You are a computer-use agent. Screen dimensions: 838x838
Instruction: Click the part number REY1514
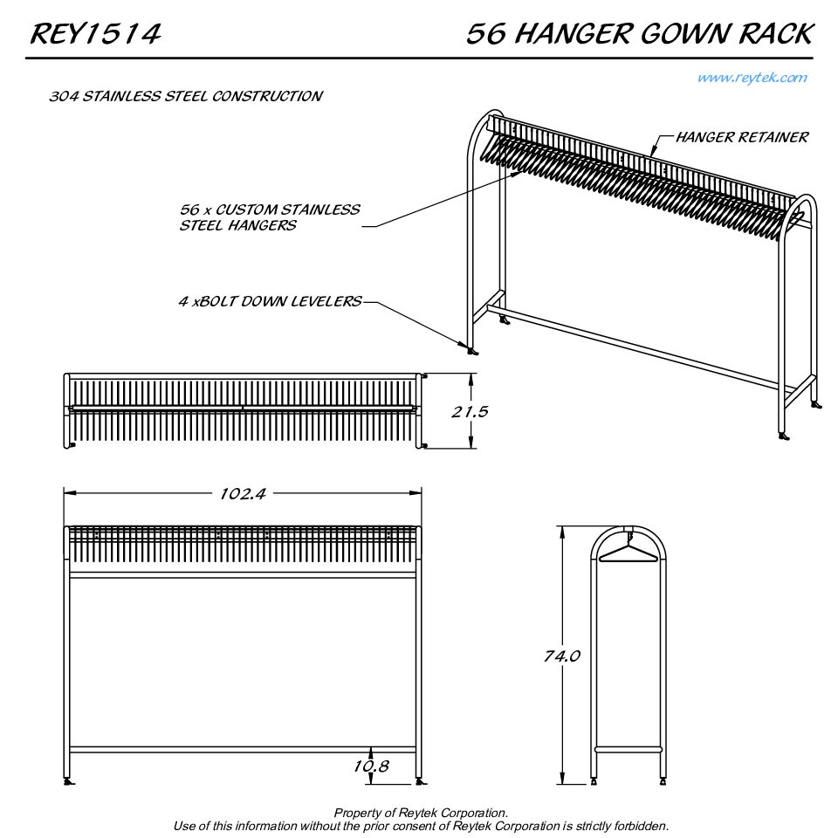coord(95,34)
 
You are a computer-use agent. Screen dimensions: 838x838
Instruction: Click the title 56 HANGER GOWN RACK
coord(639,34)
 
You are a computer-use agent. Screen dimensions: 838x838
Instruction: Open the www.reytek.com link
coord(752,78)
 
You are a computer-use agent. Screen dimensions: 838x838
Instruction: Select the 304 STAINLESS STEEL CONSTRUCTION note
coord(186,96)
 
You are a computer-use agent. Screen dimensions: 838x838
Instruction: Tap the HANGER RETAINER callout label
coord(742,137)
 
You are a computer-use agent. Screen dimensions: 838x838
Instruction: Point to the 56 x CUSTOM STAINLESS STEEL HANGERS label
coord(269,217)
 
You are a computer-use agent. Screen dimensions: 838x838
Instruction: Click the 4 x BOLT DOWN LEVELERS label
coord(270,302)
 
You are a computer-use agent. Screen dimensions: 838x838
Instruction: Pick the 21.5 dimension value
coord(470,411)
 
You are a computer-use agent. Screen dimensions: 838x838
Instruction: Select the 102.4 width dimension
coord(243,494)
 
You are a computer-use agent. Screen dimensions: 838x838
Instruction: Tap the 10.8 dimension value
coord(371,766)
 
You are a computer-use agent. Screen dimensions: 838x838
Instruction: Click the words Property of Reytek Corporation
coord(421,814)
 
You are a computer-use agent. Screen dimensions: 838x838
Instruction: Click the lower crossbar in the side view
coord(628,749)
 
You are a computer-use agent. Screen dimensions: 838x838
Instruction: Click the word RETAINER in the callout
coord(773,137)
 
